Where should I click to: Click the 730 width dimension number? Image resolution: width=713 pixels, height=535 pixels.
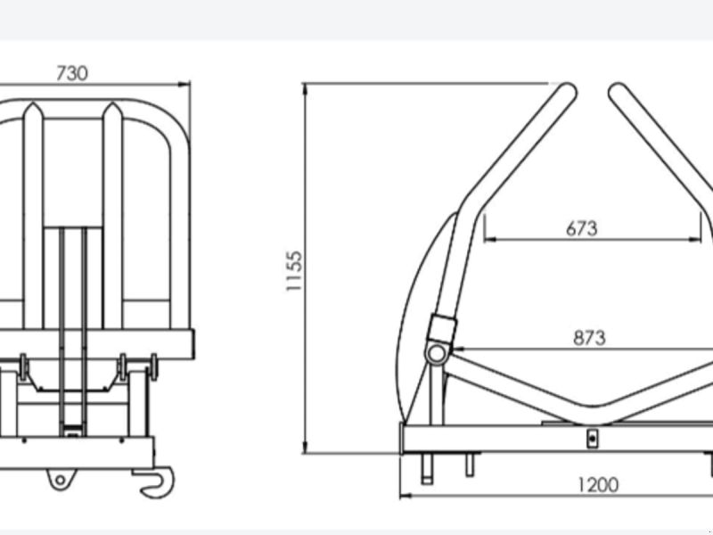tap(72, 73)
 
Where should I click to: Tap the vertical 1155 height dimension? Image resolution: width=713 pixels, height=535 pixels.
tap(294, 271)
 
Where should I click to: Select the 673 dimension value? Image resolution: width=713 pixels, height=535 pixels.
tap(581, 228)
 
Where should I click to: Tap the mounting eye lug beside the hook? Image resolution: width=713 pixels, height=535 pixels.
tap(60, 480)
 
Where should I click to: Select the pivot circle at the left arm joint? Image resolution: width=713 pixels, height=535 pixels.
tap(436, 354)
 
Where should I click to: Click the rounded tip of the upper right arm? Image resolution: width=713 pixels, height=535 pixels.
tap(618, 90)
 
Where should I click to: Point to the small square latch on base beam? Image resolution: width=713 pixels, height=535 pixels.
tap(591, 438)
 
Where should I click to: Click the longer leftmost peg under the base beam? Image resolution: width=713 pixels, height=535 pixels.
tap(427, 469)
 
